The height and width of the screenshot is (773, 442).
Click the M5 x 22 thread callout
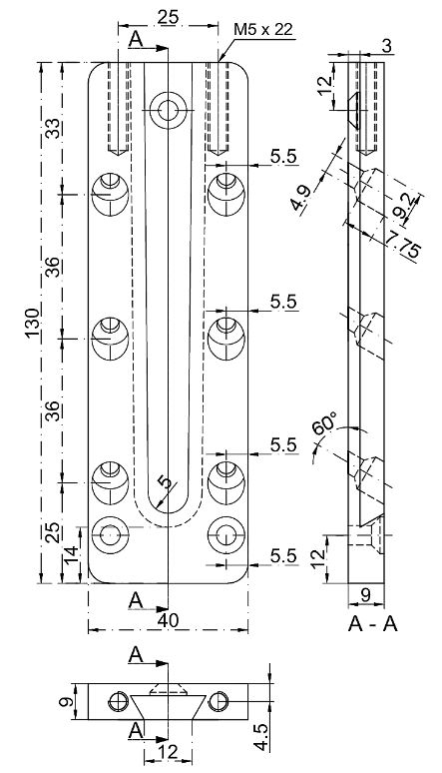tap(263, 30)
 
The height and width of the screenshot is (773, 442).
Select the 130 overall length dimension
tap(33, 323)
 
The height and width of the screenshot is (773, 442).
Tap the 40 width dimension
tap(168, 620)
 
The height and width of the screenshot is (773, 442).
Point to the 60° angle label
tap(325, 424)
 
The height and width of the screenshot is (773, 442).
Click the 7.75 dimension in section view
tap(402, 245)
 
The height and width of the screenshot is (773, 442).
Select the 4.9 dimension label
tap(300, 198)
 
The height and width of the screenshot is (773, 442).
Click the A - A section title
tap(372, 624)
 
